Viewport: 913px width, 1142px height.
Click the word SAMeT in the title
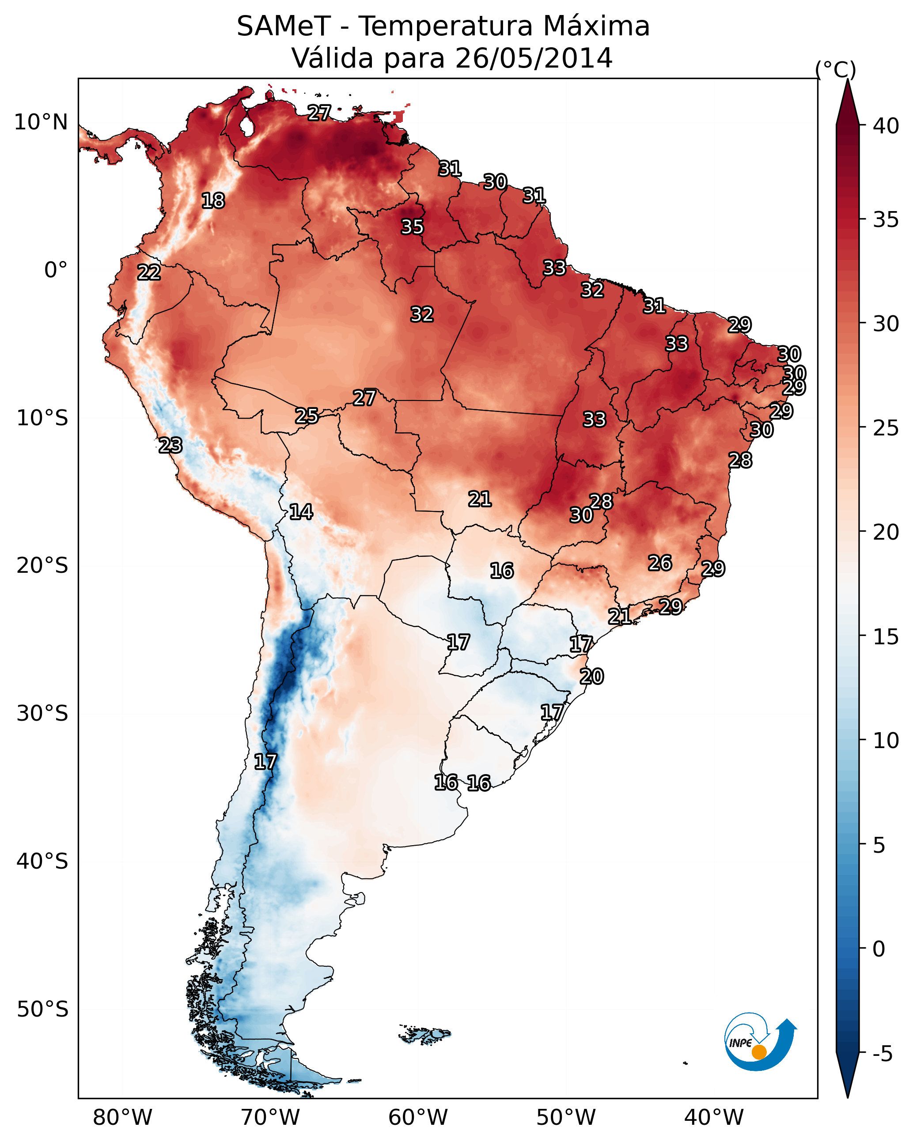pyautogui.click(x=284, y=26)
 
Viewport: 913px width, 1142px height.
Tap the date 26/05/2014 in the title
pyautogui.click(x=533, y=58)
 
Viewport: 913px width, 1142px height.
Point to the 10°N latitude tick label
pyautogui.click(x=41, y=122)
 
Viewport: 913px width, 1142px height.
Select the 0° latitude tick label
pyautogui.click(x=56, y=270)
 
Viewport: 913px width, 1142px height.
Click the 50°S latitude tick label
pyautogui.click(x=42, y=1010)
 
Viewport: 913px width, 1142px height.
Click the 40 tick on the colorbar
pyautogui.click(x=886, y=126)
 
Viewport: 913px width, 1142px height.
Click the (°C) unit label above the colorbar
pyautogui.click(x=835, y=69)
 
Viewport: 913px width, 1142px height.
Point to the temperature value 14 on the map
pyautogui.click(x=301, y=512)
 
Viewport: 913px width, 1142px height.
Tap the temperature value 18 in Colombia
pyautogui.click(x=213, y=201)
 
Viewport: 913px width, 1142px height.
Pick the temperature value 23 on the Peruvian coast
pyautogui.click(x=170, y=446)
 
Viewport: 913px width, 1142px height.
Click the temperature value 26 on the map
pyautogui.click(x=660, y=563)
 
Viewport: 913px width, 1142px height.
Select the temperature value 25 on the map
pyautogui.click(x=307, y=416)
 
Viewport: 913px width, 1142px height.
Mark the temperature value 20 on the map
pyautogui.click(x=591, y=677)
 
